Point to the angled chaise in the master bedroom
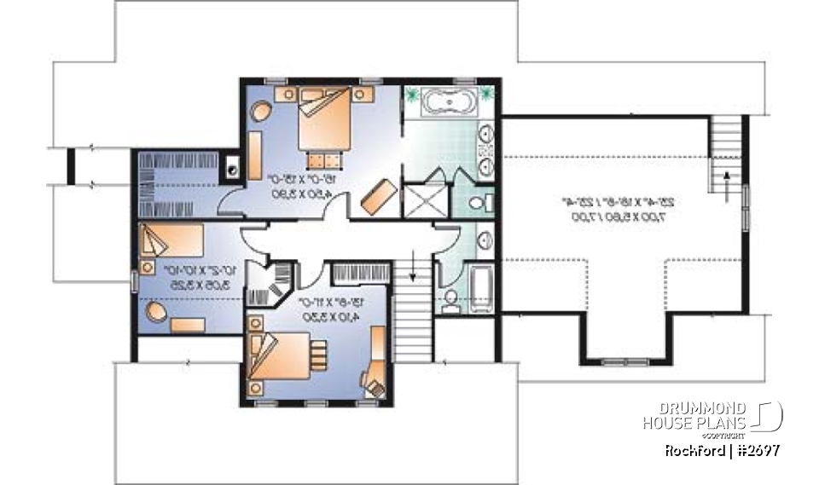point(376,198)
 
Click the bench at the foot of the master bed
point(323,158)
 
